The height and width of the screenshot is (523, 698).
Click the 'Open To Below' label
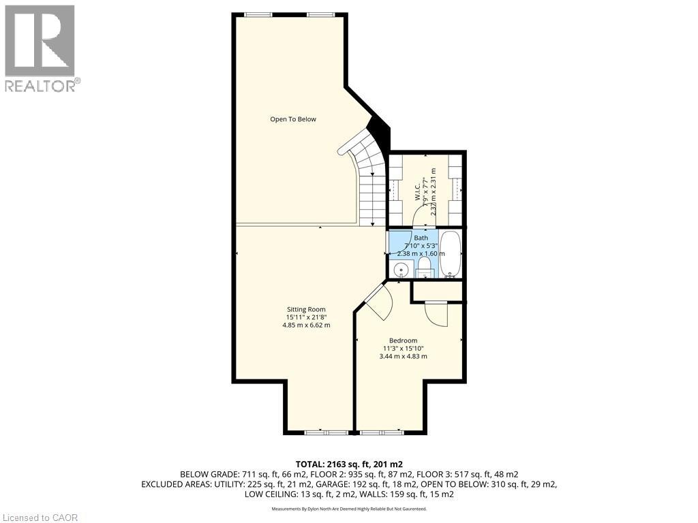293,119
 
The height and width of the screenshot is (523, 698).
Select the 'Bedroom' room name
403,340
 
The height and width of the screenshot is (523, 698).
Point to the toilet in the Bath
423,266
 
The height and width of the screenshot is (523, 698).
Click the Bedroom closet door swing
435,313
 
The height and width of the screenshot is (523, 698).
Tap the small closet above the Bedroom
437,291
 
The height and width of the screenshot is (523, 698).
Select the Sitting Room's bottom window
324,432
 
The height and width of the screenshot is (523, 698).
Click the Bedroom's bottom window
380,432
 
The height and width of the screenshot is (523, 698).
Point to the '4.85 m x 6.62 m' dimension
306,326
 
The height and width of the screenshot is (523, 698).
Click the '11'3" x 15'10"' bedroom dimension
403,349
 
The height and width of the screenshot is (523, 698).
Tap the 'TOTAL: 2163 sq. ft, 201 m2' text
349,464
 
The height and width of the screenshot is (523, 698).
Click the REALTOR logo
40,48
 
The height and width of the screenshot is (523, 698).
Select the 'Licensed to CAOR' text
40,518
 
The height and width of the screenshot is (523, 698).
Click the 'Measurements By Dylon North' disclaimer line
349,509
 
